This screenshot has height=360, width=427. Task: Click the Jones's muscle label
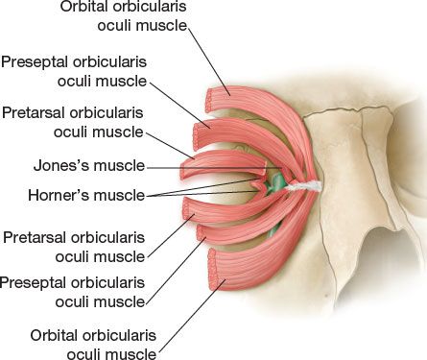[89, 166]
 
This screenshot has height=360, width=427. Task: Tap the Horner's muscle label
[86, 195]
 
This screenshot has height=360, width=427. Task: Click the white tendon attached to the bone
[305, 186]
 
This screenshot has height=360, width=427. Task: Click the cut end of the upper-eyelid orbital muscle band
[209, 100]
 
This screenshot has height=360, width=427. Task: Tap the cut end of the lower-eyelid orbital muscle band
[212, 270]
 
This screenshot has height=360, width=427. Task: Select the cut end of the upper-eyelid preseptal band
[197, 135]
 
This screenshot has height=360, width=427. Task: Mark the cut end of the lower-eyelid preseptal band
[202, 232]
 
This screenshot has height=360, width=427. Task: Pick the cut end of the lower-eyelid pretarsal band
[187, 208]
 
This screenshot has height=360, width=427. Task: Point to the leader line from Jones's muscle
[214, 167]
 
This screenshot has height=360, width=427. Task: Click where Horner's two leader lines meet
[147, 196]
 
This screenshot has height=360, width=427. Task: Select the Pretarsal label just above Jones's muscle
[73, 122]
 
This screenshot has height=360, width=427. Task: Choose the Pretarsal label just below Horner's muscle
[74, 247]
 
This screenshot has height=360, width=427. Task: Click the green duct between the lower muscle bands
[273, 229]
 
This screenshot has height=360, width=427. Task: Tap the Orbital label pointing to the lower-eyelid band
[93, 345]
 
